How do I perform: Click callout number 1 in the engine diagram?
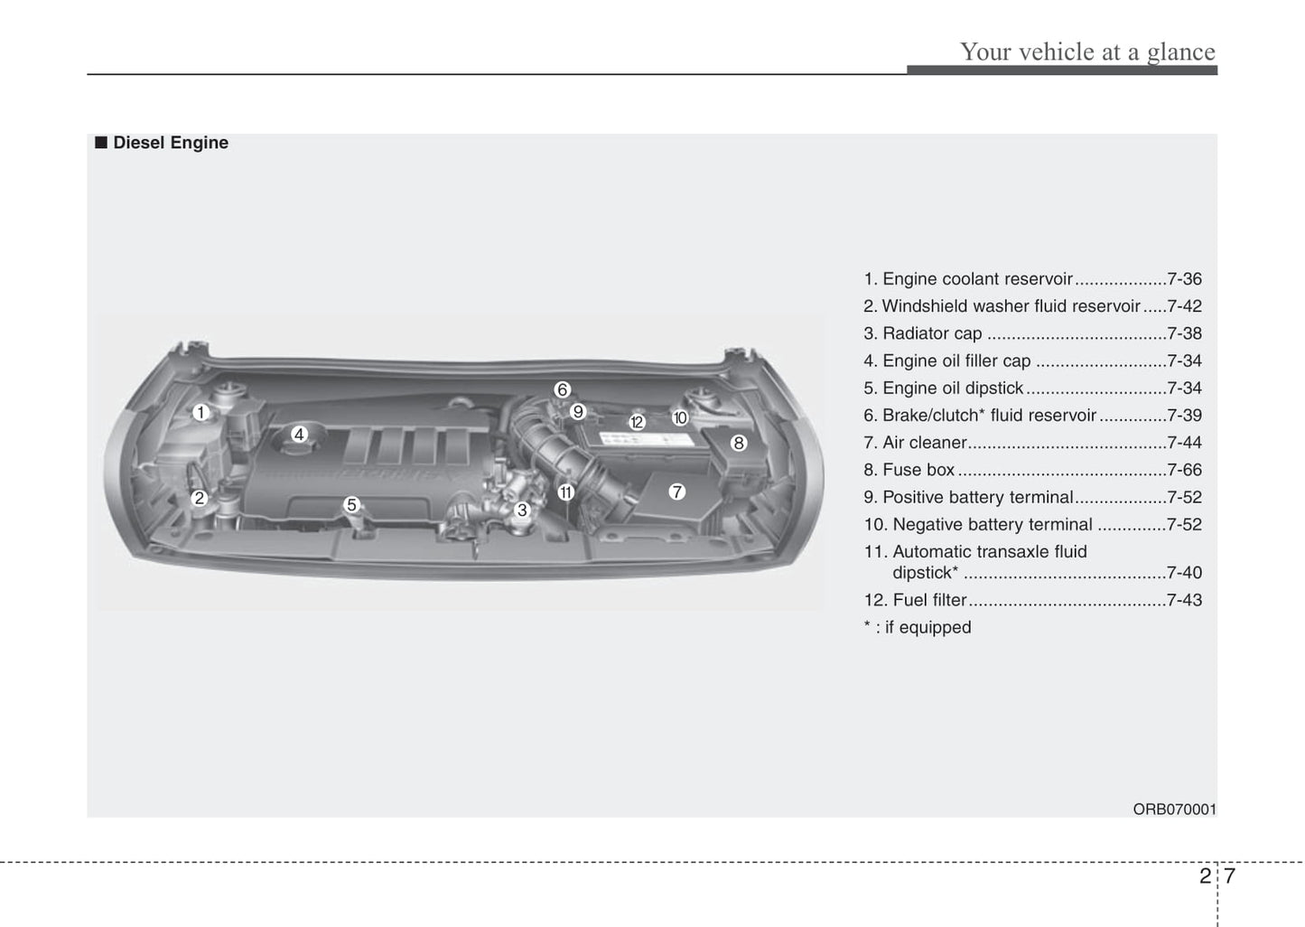click(200, 413)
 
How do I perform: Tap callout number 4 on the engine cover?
click(299, 435)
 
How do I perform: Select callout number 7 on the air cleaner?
click(676, 492)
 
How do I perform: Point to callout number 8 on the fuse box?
click(739, 443)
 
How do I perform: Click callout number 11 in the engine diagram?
click(565, 492)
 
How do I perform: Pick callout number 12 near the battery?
click(637, 422)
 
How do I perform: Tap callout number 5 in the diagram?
click(352, 505)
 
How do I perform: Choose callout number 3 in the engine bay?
click(521, 510)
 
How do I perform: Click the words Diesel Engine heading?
click(171, 143)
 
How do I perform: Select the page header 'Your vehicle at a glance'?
click(1087, 51)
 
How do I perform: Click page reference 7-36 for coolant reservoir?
click(1184, 279)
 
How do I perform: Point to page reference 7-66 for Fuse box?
click(1184, 470)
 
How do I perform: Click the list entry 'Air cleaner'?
click(924, 443)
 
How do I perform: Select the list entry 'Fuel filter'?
click(929, 600)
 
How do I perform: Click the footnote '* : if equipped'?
click(918, 627)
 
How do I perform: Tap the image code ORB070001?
click(1174, 810)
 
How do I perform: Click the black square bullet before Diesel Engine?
click(101, 143)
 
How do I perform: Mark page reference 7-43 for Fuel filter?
click(1184, 600)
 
